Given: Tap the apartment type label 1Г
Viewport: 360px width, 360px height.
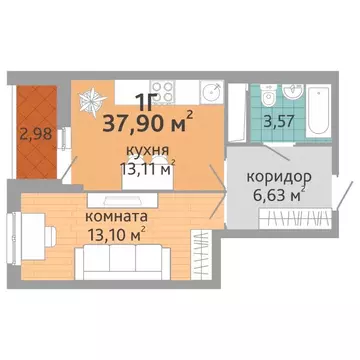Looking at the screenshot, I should point(146,99).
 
